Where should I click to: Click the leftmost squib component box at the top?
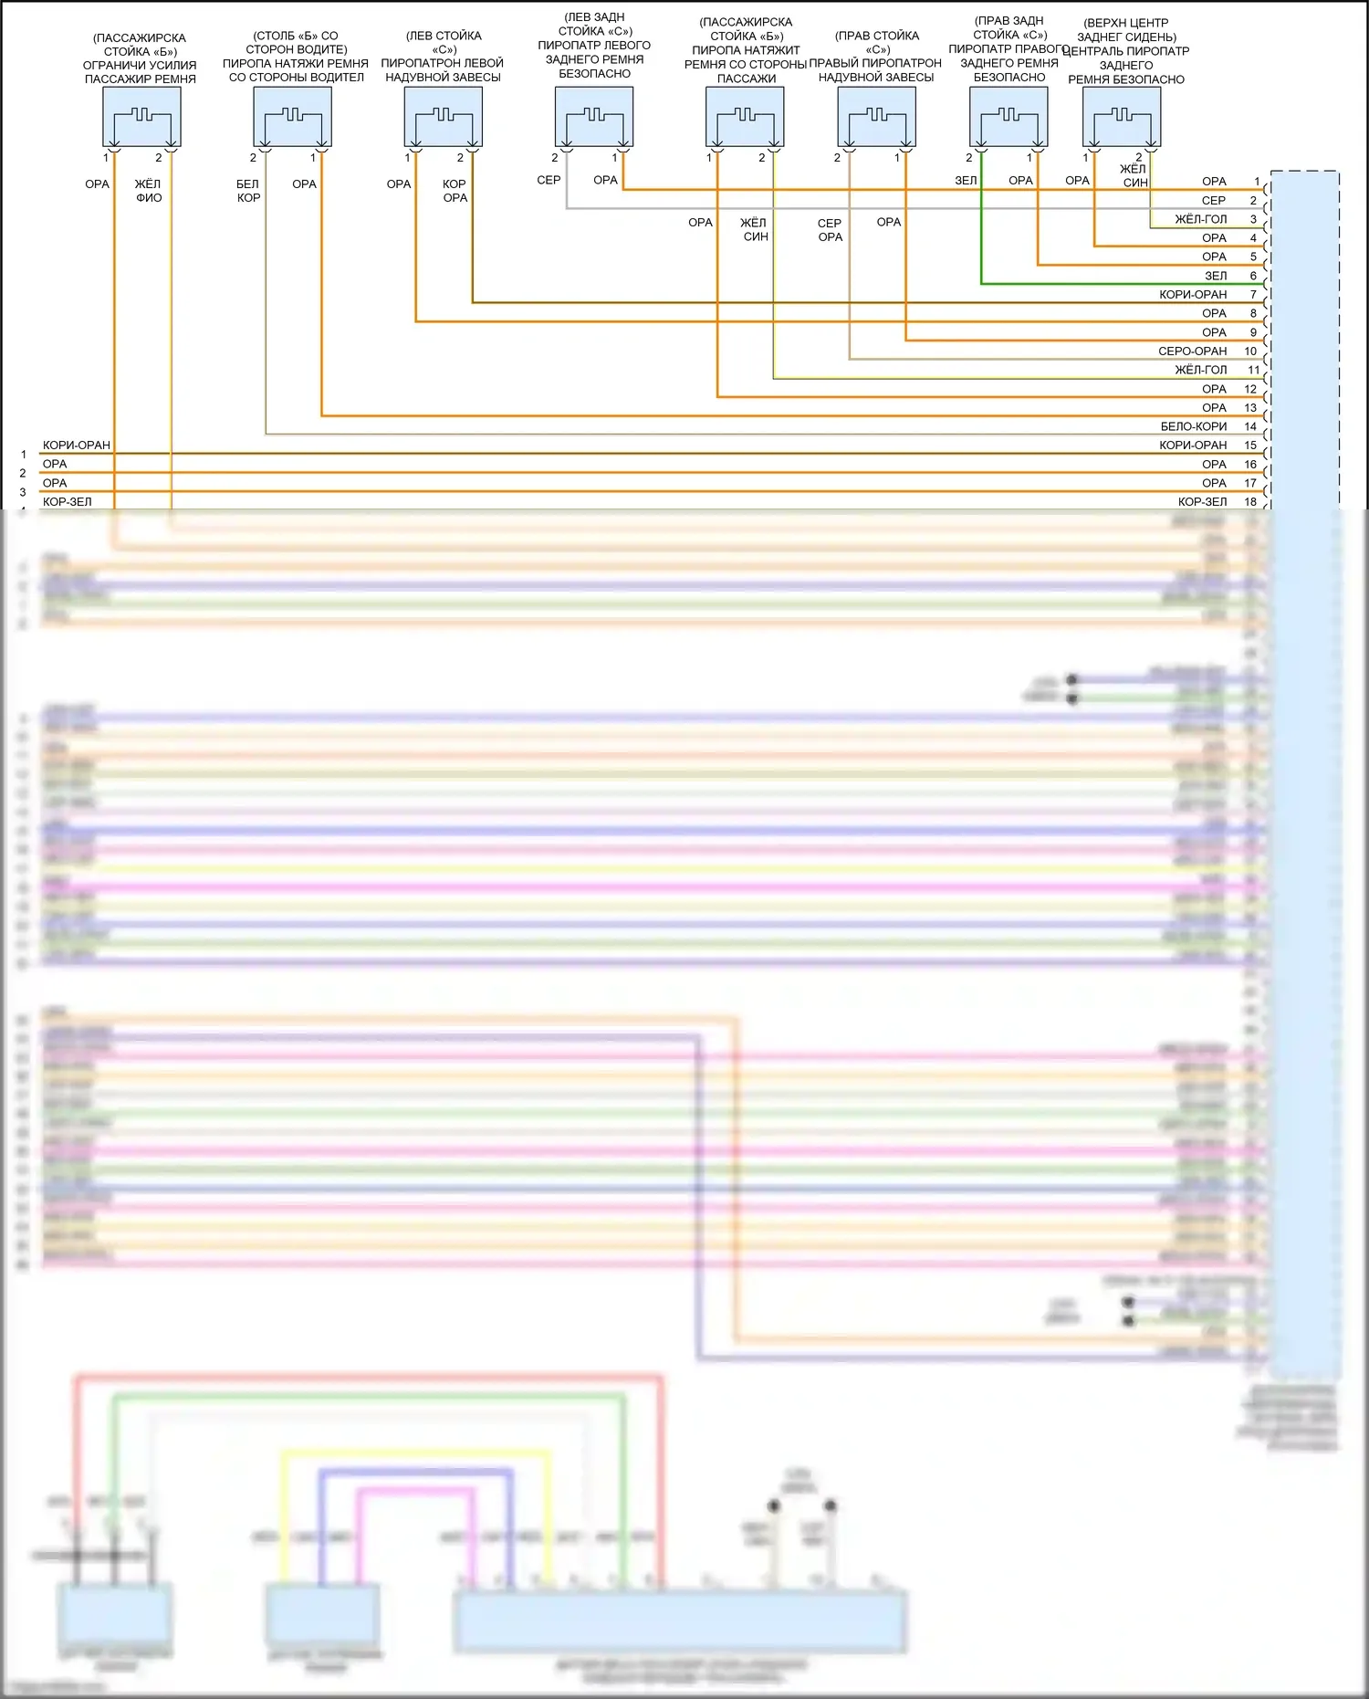click(141, 117)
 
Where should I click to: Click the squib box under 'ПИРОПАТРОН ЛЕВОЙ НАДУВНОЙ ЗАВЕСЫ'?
click(443, 117)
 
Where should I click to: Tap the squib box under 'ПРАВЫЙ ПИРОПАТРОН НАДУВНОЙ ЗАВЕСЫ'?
click(876, 117)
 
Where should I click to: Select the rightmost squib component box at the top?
click(1122, 117)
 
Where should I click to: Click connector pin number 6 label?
click(1253, 276)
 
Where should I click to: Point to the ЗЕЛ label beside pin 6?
click(1216, 276)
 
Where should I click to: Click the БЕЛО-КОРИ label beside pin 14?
click(1194, 426)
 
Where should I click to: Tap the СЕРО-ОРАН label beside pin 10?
click(1192, 351)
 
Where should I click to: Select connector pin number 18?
click(1250, 502)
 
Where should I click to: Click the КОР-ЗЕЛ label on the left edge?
click(67, 502)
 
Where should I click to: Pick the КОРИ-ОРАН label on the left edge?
click(76, 446)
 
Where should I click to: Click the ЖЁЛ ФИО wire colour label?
click(148, 191)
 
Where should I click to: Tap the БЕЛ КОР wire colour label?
click(248, 191)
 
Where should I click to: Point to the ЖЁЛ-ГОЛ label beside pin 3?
click(1200, 219)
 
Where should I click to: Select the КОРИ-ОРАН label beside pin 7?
click(1193, 295)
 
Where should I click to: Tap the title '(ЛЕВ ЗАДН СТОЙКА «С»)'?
click(594, 24)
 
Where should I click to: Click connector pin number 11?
click(1253, 370)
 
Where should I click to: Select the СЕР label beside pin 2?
click(1213, 201)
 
